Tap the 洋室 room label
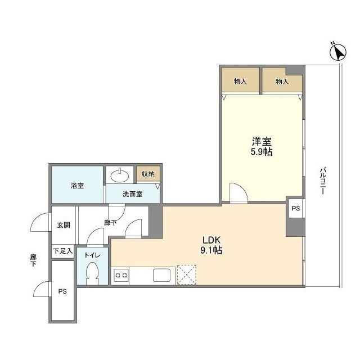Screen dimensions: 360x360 pos(262,141)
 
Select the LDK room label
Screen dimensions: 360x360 pos(211,240)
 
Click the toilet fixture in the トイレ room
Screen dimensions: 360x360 pos(92,273)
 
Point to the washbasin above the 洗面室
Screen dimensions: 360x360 pos(120,175)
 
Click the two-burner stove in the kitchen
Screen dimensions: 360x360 pos(121,275)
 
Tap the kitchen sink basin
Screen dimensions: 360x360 pos(162,275)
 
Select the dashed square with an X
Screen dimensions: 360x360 pos(187,275)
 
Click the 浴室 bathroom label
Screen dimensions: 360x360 pos(78,186)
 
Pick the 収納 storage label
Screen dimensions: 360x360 pos(148,174)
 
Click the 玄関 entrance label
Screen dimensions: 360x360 pos(64,225)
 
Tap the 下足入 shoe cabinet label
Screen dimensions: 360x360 pos(63,251)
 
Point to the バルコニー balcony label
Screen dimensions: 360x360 pos(323,181)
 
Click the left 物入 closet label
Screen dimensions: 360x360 pos(240,81)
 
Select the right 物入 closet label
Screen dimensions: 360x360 pos(282,81)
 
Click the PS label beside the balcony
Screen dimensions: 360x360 pos(296,208)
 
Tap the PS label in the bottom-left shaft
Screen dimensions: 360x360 pos(62,291)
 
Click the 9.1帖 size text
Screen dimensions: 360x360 pos(211,250)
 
